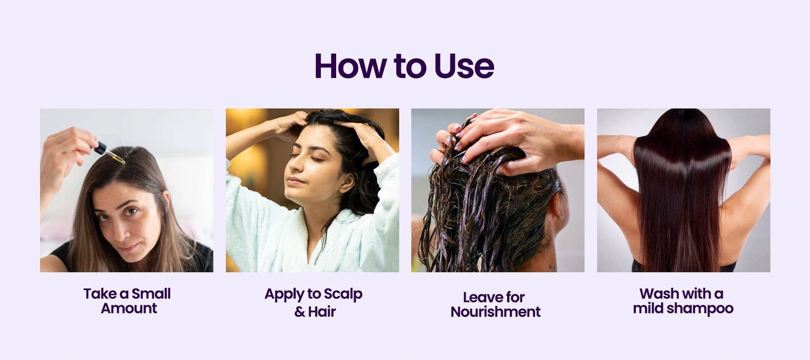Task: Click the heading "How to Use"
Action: click(404, 66)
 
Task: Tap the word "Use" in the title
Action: click(464, 66)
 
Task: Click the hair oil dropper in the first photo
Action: click(109, 153)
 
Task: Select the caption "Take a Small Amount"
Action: click(127, 301)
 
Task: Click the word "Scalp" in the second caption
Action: click(343, 295)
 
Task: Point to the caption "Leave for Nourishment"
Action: click(496, 304)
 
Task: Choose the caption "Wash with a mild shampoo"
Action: click(683, 301)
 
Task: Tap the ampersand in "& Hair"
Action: click(300, 311)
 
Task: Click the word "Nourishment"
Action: click(496, 311)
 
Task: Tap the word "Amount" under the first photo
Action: click(129, 308)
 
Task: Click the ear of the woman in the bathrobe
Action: click(346, 182)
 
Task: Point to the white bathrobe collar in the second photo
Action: click(340, 231)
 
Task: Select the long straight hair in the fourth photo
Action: click(682, 192)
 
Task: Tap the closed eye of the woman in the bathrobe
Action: click(317, 159)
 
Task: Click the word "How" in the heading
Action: click(350, 66)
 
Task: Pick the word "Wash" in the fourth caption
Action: click(657, 294)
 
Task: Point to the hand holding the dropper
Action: click(65, 152)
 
